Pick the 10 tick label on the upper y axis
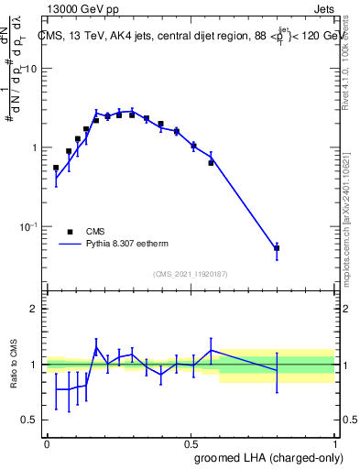[31, 70]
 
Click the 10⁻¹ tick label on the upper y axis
[28, 226]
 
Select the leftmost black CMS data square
[56, 168]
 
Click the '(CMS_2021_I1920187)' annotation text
[191, 274]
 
